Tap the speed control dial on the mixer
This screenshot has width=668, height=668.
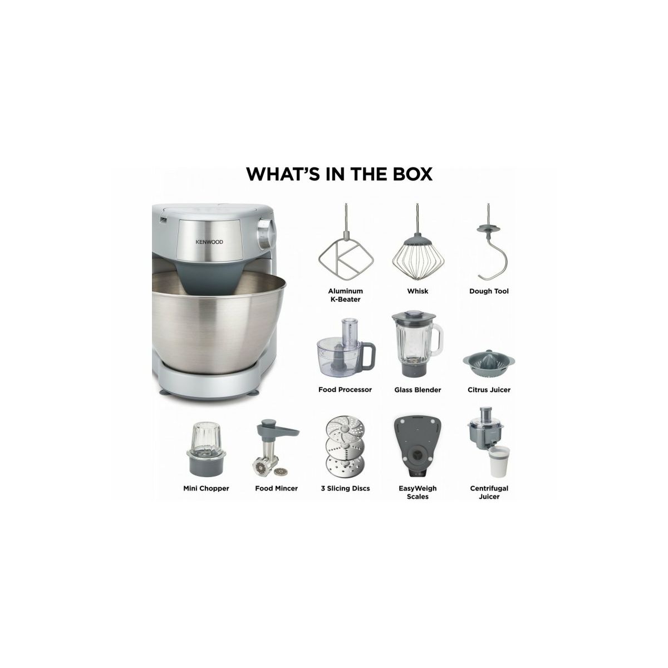point(266,231)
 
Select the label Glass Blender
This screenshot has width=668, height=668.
point(417,390)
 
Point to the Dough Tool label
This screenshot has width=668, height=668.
point(489,291)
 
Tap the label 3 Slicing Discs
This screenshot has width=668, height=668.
point(345,488)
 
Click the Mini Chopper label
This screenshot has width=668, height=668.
point(207,488)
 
